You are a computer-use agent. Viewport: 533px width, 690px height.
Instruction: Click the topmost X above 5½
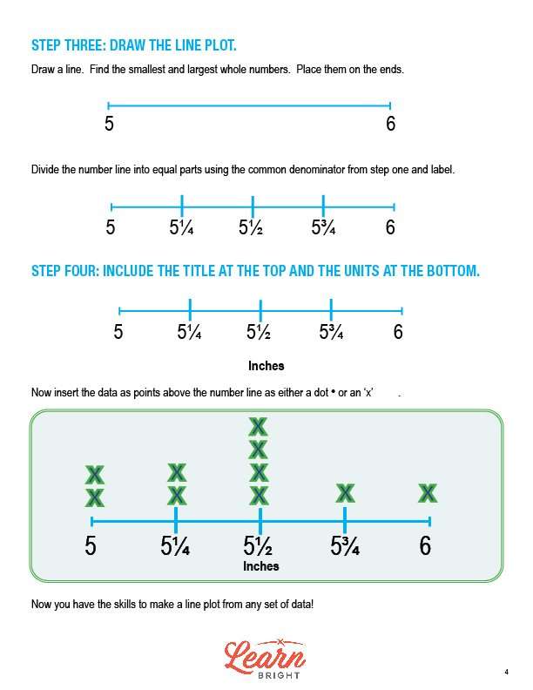[x=258, y=426]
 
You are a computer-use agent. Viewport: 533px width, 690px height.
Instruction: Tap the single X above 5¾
[x=345, y=493]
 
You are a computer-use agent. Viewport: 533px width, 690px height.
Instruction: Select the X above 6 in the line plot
[x=428, y=493]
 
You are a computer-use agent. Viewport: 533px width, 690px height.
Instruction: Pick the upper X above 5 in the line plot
[x=95, y=475]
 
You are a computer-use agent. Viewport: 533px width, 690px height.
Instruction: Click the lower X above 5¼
[x=177, y=496]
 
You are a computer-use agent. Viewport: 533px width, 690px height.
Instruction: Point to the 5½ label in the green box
[x=258, y=545]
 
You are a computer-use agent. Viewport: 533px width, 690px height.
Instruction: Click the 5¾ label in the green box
[x=345, y=545]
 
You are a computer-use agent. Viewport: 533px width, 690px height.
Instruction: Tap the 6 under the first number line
[x=390, y=124]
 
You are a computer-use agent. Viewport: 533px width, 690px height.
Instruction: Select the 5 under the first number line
[x=109, y=124]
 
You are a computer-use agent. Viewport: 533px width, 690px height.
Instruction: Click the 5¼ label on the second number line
[x=181, y=227]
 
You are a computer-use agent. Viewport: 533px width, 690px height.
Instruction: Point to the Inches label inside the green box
[x=261, y=566]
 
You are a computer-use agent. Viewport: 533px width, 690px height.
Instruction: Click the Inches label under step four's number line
[x=266, y=366]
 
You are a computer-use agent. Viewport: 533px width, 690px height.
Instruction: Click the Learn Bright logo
[x=265, y=659]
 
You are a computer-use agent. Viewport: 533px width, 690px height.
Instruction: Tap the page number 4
[x=507, y=672]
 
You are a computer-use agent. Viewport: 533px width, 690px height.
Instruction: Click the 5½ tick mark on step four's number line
[x=260, y=311]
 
